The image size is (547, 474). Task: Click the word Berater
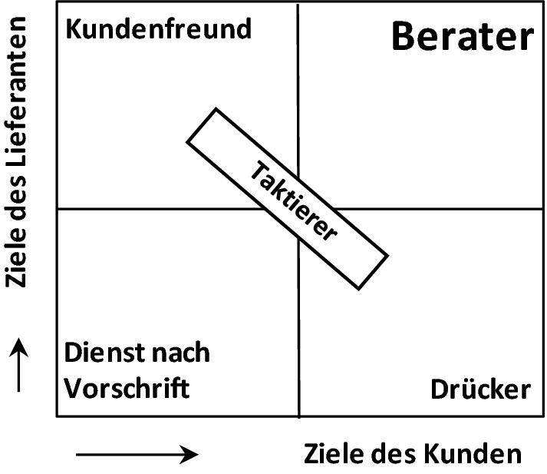pos(462,37)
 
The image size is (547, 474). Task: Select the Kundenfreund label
pos(159,29)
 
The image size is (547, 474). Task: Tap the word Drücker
pos(480,389)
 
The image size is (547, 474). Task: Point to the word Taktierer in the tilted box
pos(294,202)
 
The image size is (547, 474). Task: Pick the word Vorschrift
pos(127,388)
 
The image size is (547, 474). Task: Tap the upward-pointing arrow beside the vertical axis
pos(21,368)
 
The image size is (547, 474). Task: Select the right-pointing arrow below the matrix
pos(137,454)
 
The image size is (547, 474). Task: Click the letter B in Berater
pos(404,37)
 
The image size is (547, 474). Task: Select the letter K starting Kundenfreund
pos(73,29)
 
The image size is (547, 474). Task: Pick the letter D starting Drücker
pos(439,389)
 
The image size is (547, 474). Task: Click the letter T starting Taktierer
pos(255,167)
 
